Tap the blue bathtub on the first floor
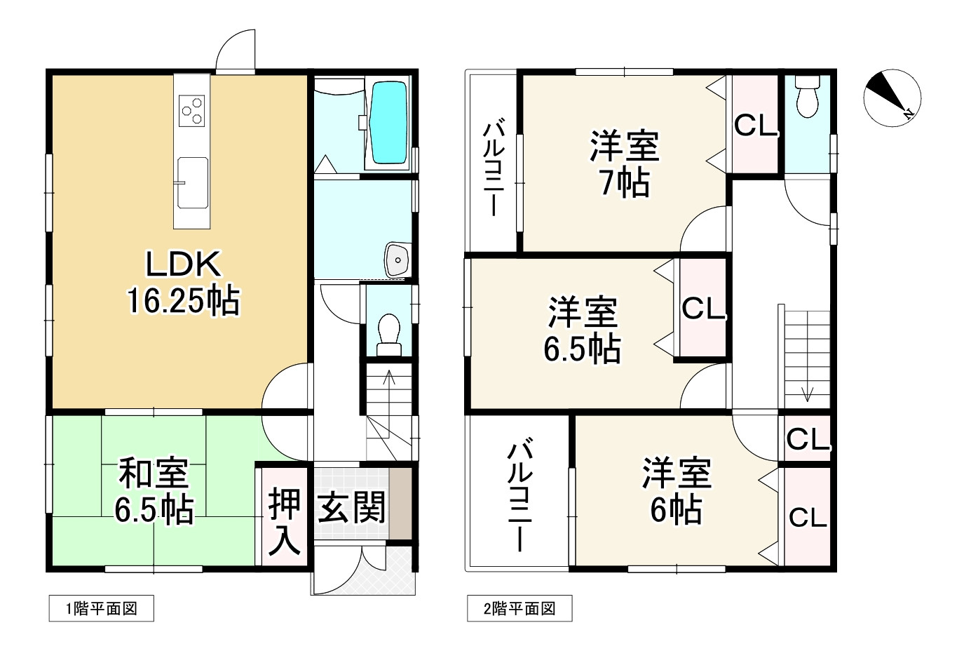tap(388, 123)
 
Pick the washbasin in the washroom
tap(398, 260)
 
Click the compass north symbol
tap(892, 98)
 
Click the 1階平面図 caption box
tap(101, 608)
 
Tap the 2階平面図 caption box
tap(519, 608)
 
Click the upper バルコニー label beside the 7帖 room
tap(494, 168)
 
